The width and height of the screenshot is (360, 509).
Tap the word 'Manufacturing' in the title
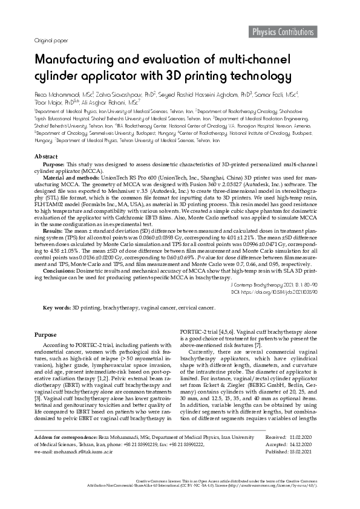(79, 62)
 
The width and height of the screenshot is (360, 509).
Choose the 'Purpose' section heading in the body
(46, 334)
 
